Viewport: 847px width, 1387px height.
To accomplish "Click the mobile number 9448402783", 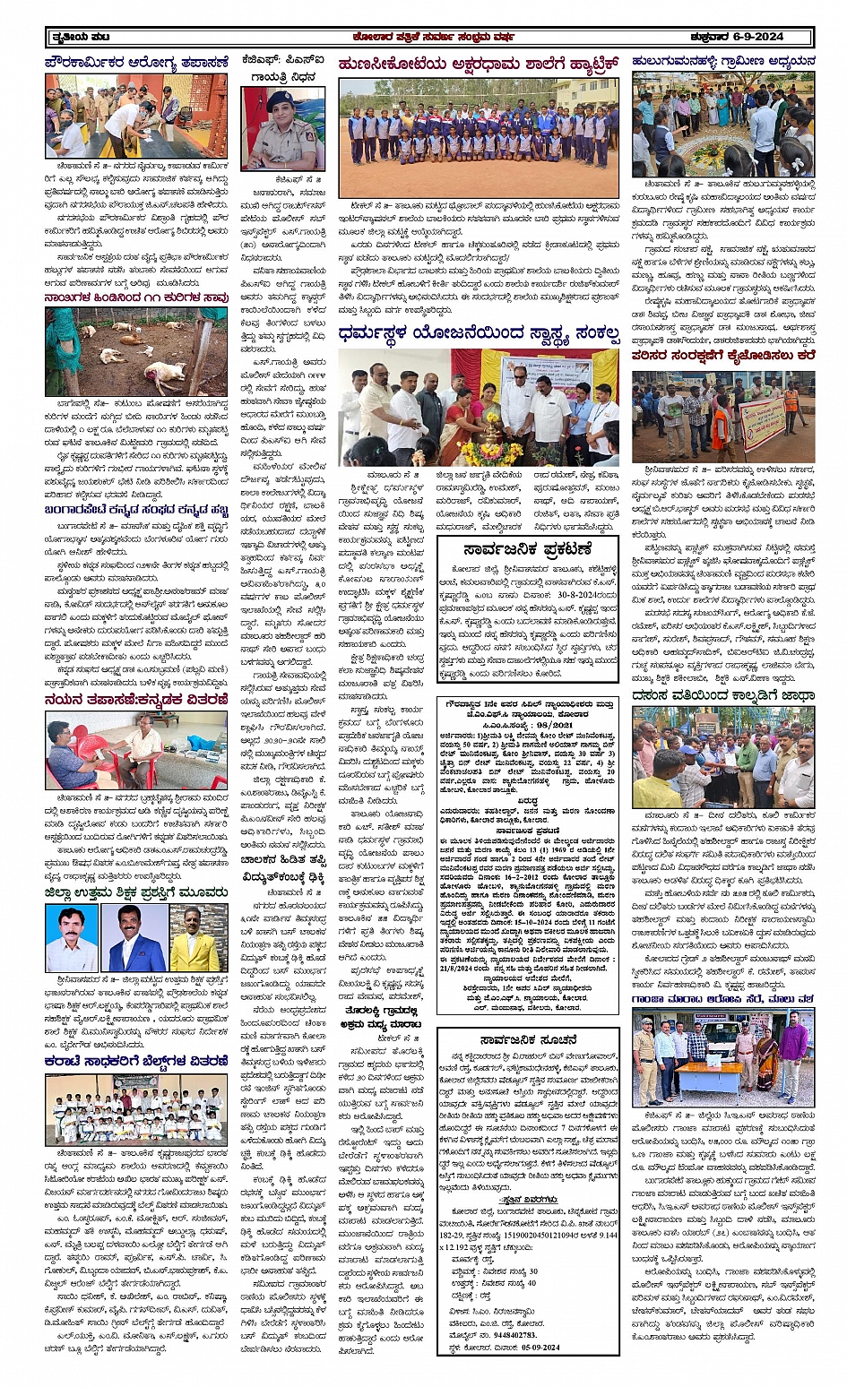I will point(506,1334).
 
